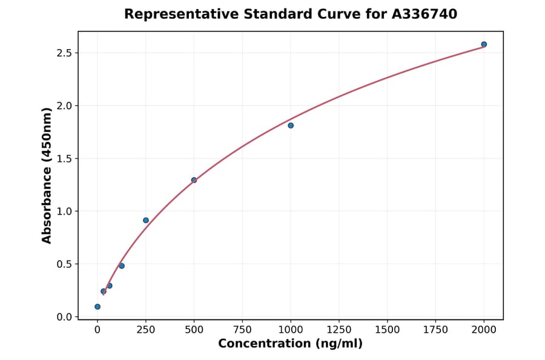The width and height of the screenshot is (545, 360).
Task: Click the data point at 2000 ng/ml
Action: (484, 44)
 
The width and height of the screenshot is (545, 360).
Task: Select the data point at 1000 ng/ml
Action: (291, 125)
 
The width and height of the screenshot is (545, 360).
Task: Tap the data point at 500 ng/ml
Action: (194, 180)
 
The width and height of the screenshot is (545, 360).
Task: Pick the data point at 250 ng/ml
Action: (146, 220)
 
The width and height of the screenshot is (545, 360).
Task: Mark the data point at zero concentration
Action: (97, 307)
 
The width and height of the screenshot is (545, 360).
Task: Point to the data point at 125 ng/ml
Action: (122, 265)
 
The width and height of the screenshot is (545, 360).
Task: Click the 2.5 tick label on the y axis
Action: (65, 53)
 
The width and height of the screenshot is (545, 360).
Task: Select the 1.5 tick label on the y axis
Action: (65, 159)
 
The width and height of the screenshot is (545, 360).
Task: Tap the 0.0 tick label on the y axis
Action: (65, 317)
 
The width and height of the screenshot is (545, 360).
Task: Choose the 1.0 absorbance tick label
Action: (65, 212)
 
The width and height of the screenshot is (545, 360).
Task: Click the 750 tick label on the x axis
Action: (242, 330)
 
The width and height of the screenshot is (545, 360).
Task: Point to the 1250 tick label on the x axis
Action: (339, 330)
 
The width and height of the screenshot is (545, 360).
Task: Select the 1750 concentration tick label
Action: (436, 330)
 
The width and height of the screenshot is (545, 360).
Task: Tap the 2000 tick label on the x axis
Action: (484, 330)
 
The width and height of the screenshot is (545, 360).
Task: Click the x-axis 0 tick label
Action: (97, 330)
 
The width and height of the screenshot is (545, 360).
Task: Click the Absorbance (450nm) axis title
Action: (47, 176)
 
